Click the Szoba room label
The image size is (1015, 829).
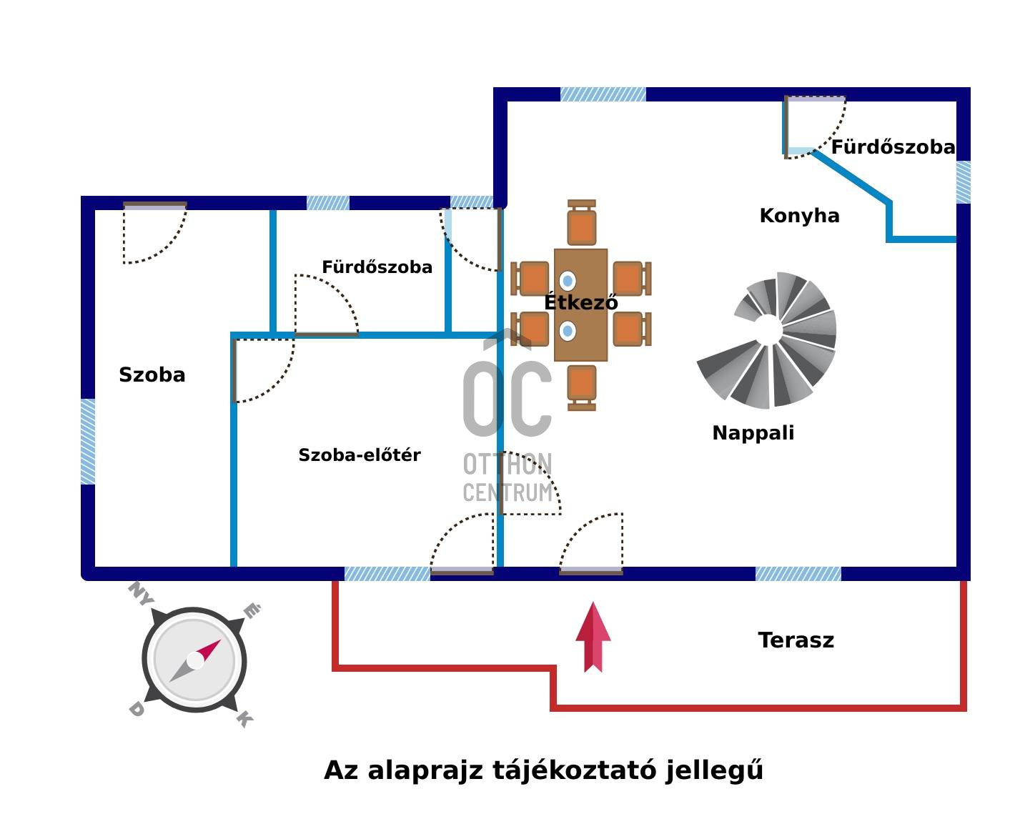152,375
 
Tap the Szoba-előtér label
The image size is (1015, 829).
359,455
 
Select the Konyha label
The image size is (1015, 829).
799,216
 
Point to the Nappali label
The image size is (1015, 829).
753,433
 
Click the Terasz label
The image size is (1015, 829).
796,640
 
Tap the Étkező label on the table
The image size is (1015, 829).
580,302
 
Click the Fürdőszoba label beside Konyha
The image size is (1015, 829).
893,148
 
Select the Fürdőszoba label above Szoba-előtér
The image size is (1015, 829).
377,267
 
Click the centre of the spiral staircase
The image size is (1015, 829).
768,330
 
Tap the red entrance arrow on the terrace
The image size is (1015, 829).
593,637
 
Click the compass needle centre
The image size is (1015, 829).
195,660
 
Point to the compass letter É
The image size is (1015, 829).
252,612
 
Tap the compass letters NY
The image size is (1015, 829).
140,594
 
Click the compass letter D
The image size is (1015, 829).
136,710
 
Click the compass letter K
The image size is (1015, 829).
244,718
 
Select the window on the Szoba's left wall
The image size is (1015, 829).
88,441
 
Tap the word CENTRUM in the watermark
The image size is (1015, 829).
508,492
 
